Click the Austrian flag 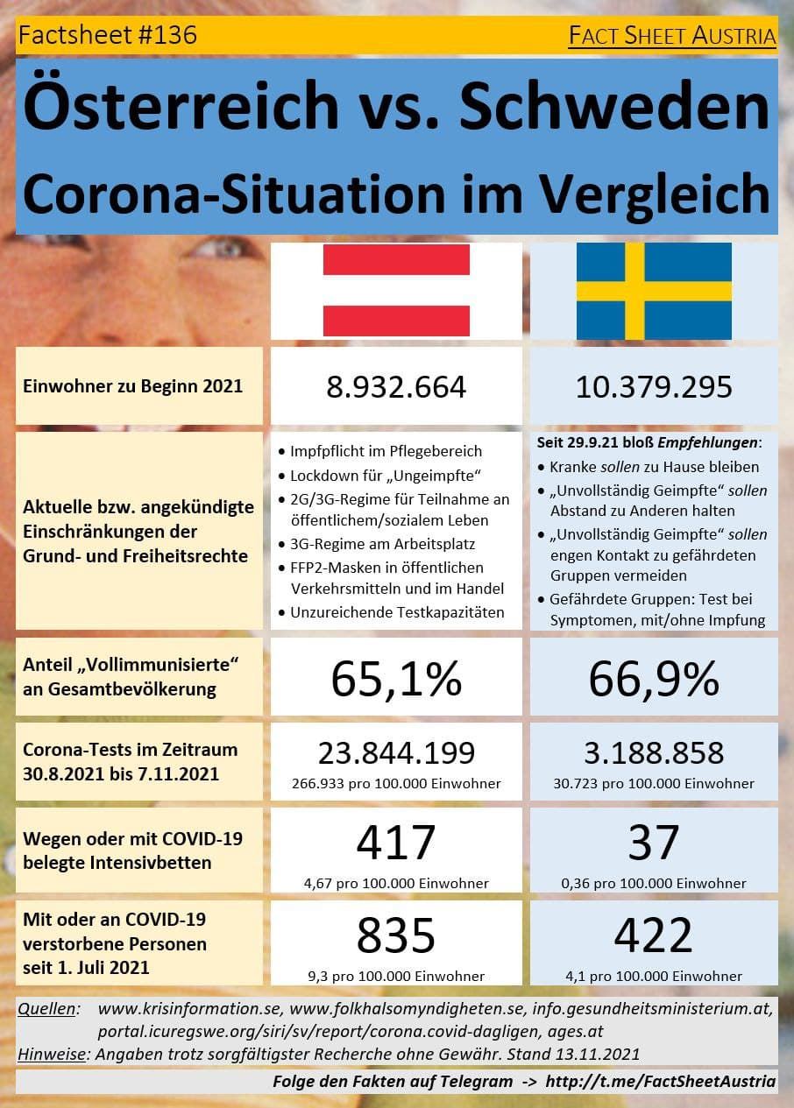[x=396, y=291]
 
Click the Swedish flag [x=654, y=291]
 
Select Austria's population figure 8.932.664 [x=396, y=387]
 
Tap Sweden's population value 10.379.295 [x=654, y=387]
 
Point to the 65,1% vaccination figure [x=396, y=678]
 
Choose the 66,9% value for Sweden [x=654, y=678]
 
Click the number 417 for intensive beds [x=396, y=843]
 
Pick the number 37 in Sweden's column [x=654, y=843]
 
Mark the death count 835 [x=396, y=935]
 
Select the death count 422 [x=654, y=935]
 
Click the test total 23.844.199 [x=396, y=752]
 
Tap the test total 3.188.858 [x=654, y=752]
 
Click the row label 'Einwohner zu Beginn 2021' [x=132, y=386]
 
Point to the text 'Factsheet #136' [x=107, y=35]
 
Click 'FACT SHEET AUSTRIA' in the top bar [x=672, y=36]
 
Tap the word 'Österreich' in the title [x=181, y=105]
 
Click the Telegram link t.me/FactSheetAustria [x=660, y=1082]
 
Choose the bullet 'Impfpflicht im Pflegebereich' [x=386, y=452]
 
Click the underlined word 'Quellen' [x=47, y=1010]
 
